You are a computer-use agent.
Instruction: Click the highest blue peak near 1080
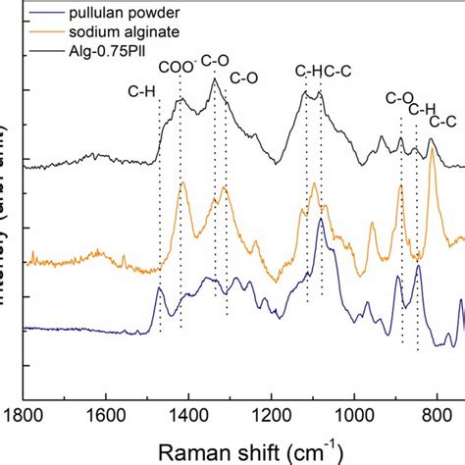[321, 221]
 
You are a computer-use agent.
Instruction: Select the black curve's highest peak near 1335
[215, 80]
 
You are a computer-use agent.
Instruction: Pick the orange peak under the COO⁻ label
[181, 183]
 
